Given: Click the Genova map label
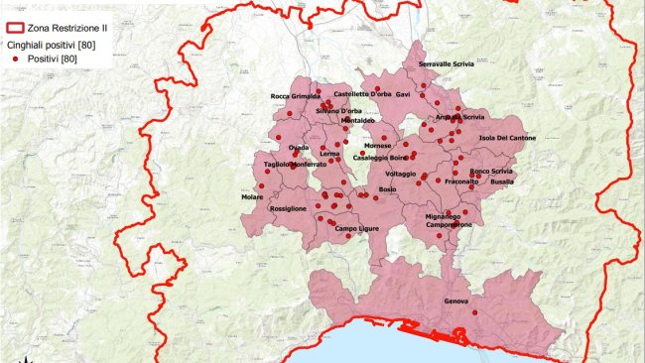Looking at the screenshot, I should (x=456, y=301).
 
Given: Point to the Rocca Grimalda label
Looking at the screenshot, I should (x=295, y=96).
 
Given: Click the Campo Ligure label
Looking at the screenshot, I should (x=355, y=229).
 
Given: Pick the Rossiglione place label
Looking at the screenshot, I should (x=288, y=208).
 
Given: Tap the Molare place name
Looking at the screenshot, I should (x=252, y=196).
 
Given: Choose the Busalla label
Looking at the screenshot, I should (x=502, y=181).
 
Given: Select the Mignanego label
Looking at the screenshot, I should (x=443, y=215).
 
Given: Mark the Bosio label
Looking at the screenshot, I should (x=387, y=188).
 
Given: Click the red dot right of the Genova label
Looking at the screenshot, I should (x=475, y=311).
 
